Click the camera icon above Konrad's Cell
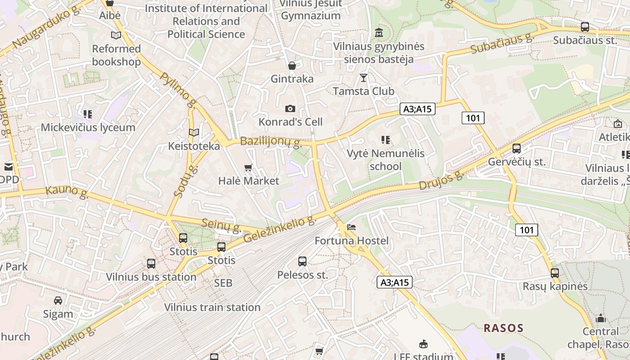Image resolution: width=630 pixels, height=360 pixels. coord(290,108)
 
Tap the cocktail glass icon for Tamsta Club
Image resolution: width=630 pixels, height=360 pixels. coord(363,77)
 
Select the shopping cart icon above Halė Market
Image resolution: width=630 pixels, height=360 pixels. coord(248,168)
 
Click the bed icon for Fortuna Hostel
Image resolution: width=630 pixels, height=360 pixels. coord(351,227)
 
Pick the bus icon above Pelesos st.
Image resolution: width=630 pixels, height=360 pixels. coord(302,261)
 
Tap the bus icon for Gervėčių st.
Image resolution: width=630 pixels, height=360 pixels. coord(517,148)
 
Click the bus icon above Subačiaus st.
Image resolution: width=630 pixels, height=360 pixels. coord(585,27)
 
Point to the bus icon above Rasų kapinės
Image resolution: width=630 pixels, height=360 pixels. coord(555,273)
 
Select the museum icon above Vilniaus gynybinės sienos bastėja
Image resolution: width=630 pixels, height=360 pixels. coord(379,33)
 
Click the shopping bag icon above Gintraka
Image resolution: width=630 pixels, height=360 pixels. coord(292,66)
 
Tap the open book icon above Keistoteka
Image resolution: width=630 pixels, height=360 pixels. coord(194,132)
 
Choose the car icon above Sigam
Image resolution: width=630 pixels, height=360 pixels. coord(58,300)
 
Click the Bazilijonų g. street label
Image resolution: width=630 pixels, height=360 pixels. coord(270,142)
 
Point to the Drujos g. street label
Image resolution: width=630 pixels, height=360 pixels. coord(441,180)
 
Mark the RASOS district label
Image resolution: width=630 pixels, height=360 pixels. coord(504,328)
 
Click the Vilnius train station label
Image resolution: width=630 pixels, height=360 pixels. coord(212,307)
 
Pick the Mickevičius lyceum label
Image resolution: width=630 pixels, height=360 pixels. coord(88,127)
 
